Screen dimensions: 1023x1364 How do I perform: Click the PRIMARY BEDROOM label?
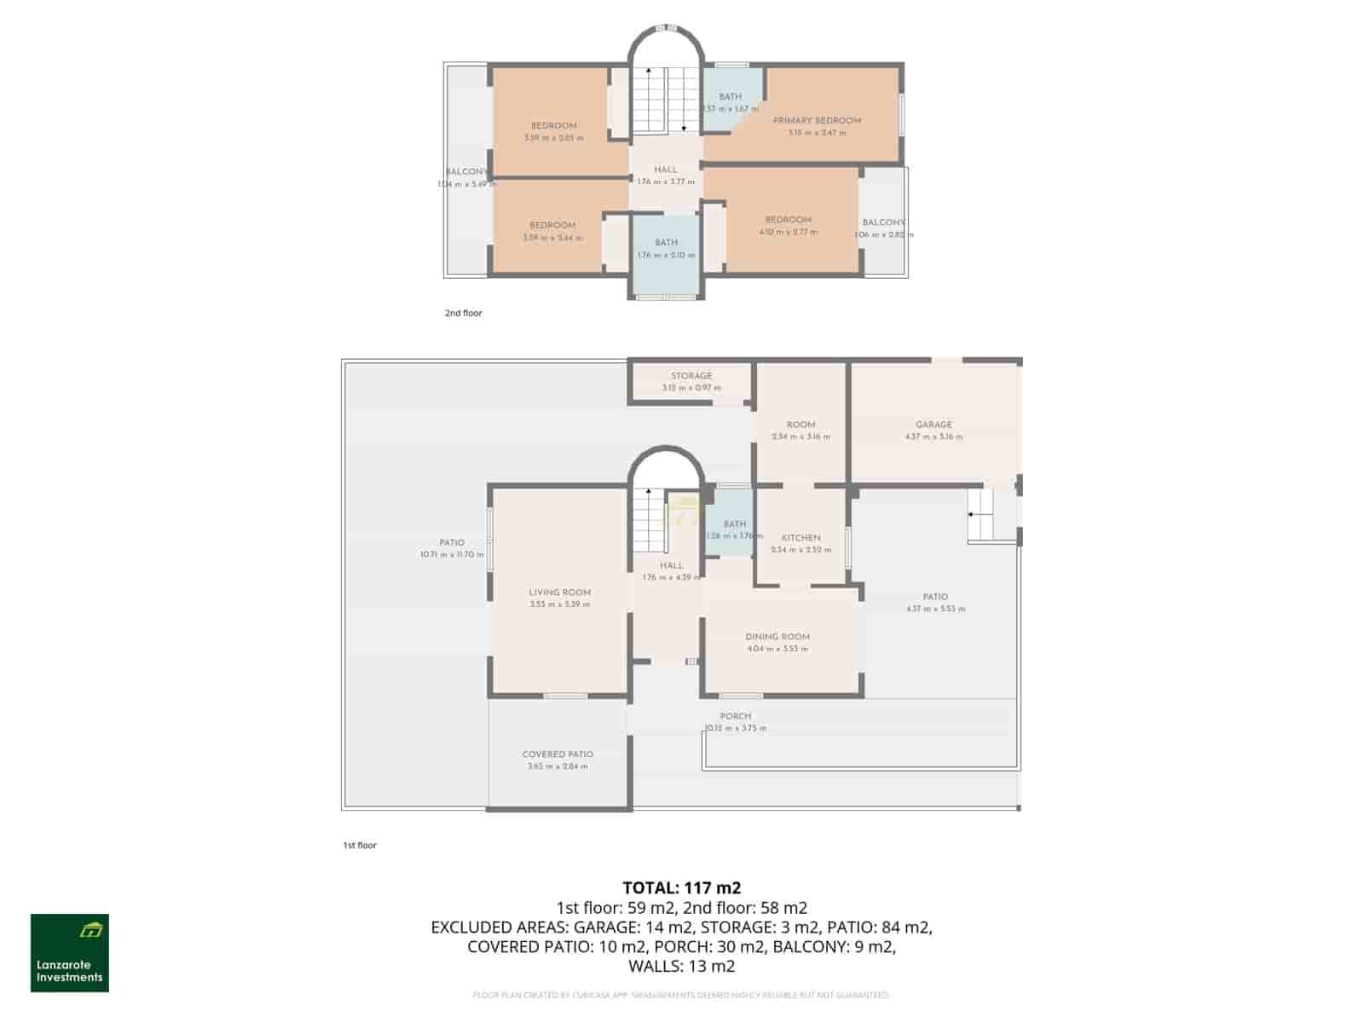pos(817,120)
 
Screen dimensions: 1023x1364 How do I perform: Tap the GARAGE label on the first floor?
pos(933,425)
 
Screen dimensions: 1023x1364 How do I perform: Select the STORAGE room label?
pos(691,376)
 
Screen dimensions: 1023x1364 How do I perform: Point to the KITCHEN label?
pos(800,538)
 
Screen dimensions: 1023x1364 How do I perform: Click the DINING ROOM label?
pos(777,637)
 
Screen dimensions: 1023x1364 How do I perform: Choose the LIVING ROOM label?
pos(559,592)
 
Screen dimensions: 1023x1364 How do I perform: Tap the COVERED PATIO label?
pos(558,754)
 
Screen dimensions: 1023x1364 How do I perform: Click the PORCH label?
pos(735,717)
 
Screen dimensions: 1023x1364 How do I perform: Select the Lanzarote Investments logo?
pos(70,953)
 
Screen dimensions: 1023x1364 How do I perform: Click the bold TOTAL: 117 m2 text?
pos(681,888)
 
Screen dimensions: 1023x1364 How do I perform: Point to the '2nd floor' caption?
pos(463,313)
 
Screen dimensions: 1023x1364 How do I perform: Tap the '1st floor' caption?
pos(359,846)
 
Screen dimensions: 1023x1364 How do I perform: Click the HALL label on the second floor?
pos(666,170)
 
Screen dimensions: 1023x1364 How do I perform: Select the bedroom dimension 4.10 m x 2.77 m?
pos(788,232)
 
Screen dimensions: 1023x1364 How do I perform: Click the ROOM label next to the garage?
pos(800,425)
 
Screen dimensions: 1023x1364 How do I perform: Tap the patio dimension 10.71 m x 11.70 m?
pos(452,555)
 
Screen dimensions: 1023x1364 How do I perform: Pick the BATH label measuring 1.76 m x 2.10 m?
pos(666,243)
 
